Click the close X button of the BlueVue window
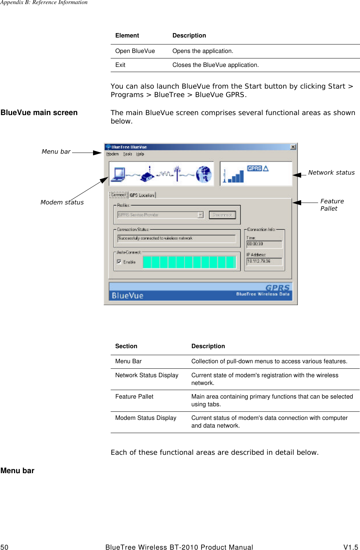coord(293,147)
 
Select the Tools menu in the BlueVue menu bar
coord(128,154)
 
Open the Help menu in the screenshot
coord(140,154)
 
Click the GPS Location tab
coord(142,195)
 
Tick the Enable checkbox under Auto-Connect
coord(119,262)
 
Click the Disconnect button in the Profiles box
coord(222,215)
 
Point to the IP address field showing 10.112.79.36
coord(264,261)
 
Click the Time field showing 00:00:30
coord(264,244)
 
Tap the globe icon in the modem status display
coord(204,174)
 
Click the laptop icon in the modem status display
coord(119,174)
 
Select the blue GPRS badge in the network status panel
coord(254,168)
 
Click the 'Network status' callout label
coord(331,172)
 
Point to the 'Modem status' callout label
coord(62,202)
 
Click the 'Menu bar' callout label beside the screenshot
coord(56,151)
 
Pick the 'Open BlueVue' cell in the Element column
coord(135,51)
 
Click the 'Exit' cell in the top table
coord(120,65)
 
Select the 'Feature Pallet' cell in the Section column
coord(134,397)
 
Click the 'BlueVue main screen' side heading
coord(39,113)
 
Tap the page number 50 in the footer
coord(4,547)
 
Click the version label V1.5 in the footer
coord(350,547)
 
